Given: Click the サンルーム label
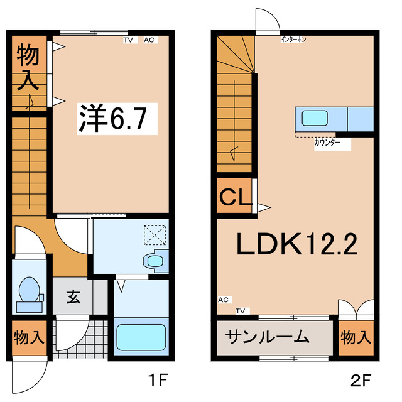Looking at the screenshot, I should (x=268, y=337).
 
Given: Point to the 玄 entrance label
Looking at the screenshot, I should (x=73, y=297).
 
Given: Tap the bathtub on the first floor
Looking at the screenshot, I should (x=141, y=337).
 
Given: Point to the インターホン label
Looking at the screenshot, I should (x=293, y=40).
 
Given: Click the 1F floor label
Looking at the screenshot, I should (x=157, y=380).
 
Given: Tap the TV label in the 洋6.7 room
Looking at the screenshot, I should (x=129, y=40).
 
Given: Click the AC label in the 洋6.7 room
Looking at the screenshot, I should (x=149, y=40).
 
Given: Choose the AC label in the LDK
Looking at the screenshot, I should (x=224, y=300).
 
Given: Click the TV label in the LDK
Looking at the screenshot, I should (x=241, y=310).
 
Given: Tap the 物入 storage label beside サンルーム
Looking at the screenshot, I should (x=356, y=337).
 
